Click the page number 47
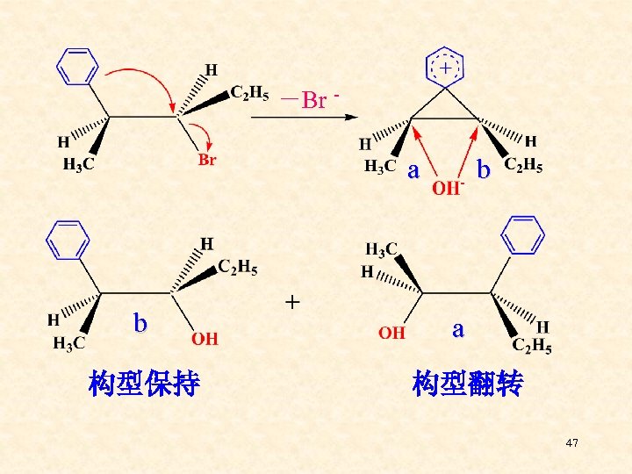click(x=572, y=443)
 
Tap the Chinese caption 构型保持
click(x=145, y=384)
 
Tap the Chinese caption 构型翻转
click(x=467, y=384)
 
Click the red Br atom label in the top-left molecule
click(x=207, y=160)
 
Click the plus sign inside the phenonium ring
click(x=447, y=67)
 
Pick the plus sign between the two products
click(x=292, y=303)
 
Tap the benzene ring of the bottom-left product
click(x=68, y=237)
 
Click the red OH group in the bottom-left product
click(x=205, y=337)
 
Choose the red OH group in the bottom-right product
click(x=392, y=333)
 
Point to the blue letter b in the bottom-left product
click(x=140, y=323)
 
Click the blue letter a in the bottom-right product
click(x=457, y=329)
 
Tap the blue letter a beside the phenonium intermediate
click(x=413, y=169)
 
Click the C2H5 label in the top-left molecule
click(x=249, y=92)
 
